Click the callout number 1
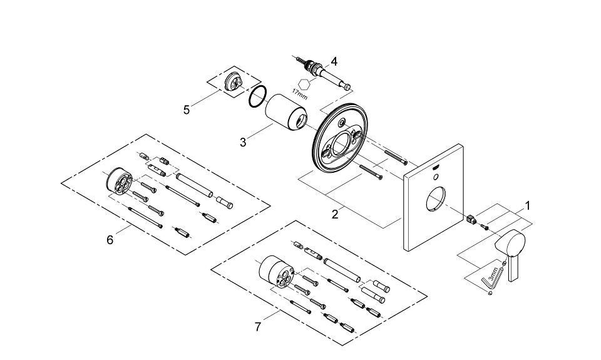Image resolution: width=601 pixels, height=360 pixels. [527, 205]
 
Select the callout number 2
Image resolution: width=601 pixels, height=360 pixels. [335, 214]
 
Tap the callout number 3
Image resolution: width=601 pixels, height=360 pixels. [244, 141]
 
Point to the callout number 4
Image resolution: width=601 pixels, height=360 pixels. [334, 61]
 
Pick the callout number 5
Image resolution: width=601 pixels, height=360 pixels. [187, 110]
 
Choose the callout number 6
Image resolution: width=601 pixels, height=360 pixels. [110, 239]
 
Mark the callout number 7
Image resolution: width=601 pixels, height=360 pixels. [258, 326]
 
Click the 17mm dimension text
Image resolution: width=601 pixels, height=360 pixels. [299, 95]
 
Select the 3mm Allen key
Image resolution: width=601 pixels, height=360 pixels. [486, 280]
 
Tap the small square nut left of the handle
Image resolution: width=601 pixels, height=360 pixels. [473, 219]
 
